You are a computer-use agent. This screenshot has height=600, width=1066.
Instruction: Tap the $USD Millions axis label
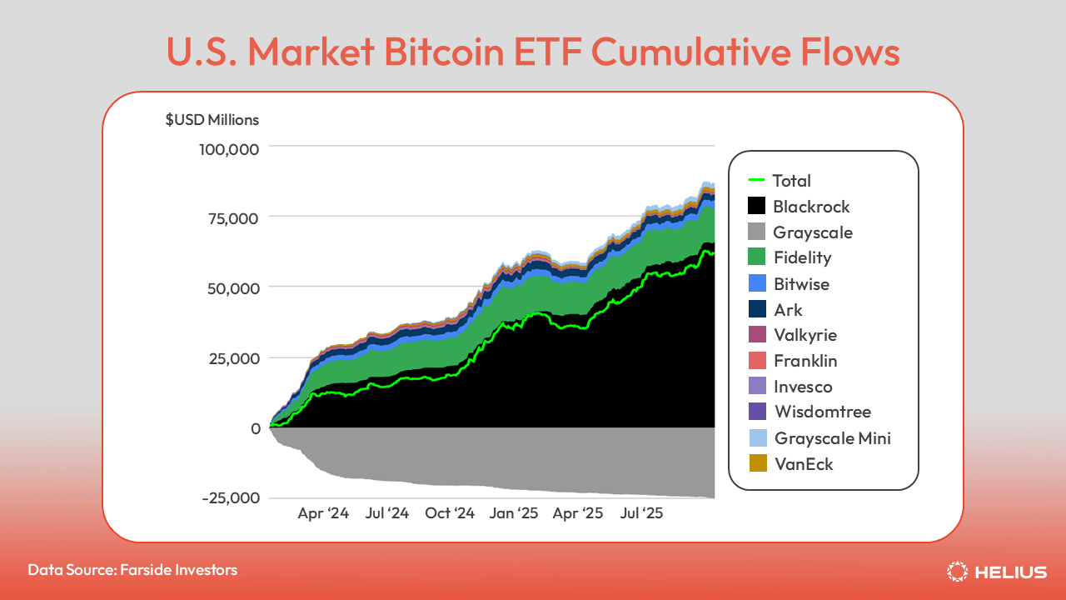[x=212, y=119]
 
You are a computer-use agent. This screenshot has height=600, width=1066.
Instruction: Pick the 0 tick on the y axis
[x=255, y=428]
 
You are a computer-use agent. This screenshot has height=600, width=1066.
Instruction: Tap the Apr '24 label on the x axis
[x=323, y=513]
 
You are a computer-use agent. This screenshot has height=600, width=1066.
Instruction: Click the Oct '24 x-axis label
[x=449, y=513]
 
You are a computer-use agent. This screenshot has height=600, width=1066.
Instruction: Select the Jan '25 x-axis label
[x=514, y=513]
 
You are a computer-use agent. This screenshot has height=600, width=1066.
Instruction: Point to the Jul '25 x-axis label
[x=641, y=513]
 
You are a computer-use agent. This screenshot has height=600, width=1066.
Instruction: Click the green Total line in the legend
[x=756, y=180]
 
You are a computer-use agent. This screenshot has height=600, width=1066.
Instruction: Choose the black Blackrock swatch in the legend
[x=756, y=206]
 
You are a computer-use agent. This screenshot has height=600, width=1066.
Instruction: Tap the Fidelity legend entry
[x=802, y=257]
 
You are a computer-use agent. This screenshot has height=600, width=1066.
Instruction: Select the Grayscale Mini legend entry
[x=832, y=437]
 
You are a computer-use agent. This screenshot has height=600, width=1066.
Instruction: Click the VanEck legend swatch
[x=756, y=463]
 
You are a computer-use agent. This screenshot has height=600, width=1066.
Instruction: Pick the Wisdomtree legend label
[x=822, y=412]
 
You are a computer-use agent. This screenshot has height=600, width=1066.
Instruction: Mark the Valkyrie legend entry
[x=804, y=335]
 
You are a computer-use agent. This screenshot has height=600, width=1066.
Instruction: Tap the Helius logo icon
[x=957, y=572]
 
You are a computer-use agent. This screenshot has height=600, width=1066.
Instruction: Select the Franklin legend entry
[x=804, y=361]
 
